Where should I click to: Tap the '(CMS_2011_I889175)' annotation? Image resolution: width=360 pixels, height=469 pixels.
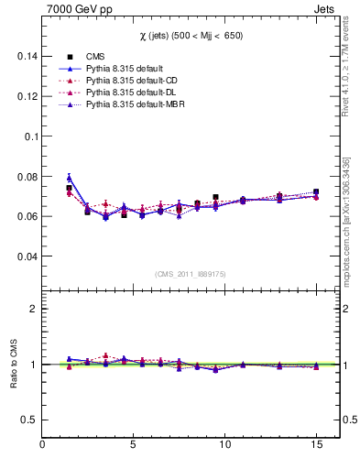[x=190, y=273]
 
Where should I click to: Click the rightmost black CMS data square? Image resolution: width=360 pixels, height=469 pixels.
[x=316, y=192]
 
